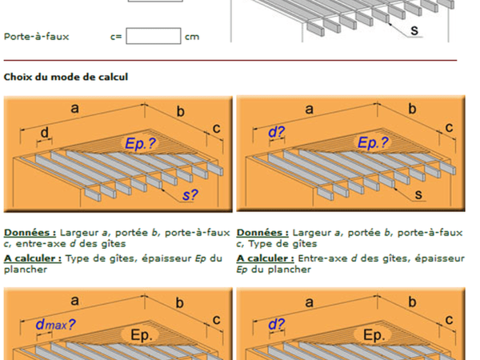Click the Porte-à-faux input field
154,36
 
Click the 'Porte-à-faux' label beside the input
37,37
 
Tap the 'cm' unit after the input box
192,37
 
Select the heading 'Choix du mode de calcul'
66,77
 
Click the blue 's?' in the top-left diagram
190,195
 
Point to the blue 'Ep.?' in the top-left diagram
141,143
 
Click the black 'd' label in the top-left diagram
45,133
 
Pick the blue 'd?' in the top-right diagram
277,132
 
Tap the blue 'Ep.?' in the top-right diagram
373,142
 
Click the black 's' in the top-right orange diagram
418,194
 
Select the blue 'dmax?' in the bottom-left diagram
55,325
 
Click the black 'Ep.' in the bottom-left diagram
141,335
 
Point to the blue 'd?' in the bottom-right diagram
277,324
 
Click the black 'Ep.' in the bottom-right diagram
374,335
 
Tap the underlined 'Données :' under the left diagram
30,233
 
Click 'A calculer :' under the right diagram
266,258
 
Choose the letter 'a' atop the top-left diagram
75,108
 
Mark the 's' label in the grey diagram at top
414,30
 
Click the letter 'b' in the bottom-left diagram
180,303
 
